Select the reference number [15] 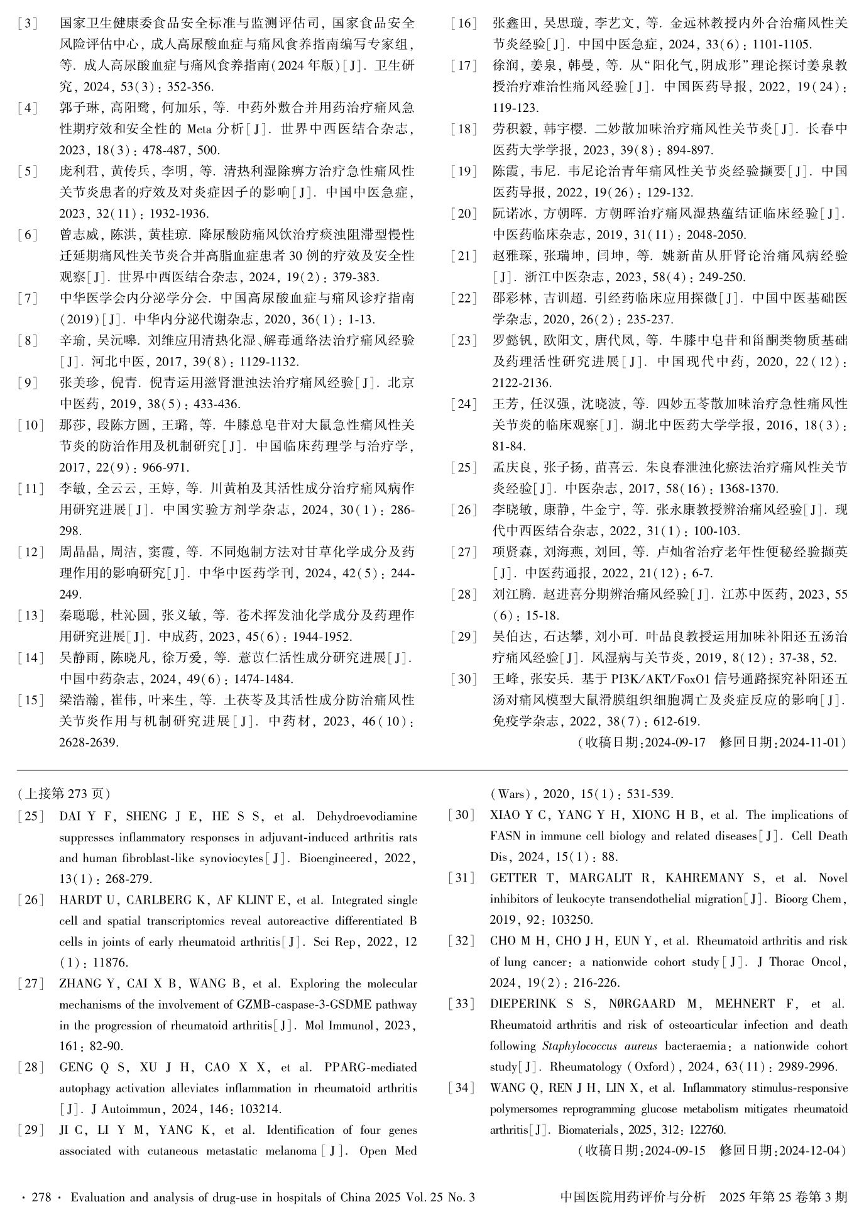[30, 700]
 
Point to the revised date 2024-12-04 [811, 1151]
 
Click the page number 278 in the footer [41, 1197]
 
